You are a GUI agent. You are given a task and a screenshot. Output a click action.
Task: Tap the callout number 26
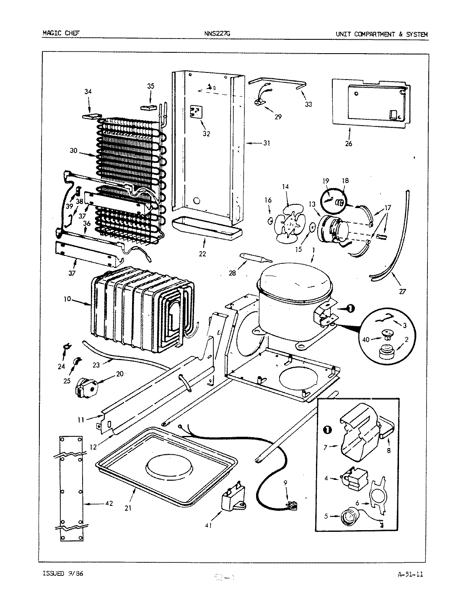point(349,144)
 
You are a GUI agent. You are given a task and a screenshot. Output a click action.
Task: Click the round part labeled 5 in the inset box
point(348,518)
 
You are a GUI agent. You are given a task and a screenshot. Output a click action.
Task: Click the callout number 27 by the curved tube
point(403,291)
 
